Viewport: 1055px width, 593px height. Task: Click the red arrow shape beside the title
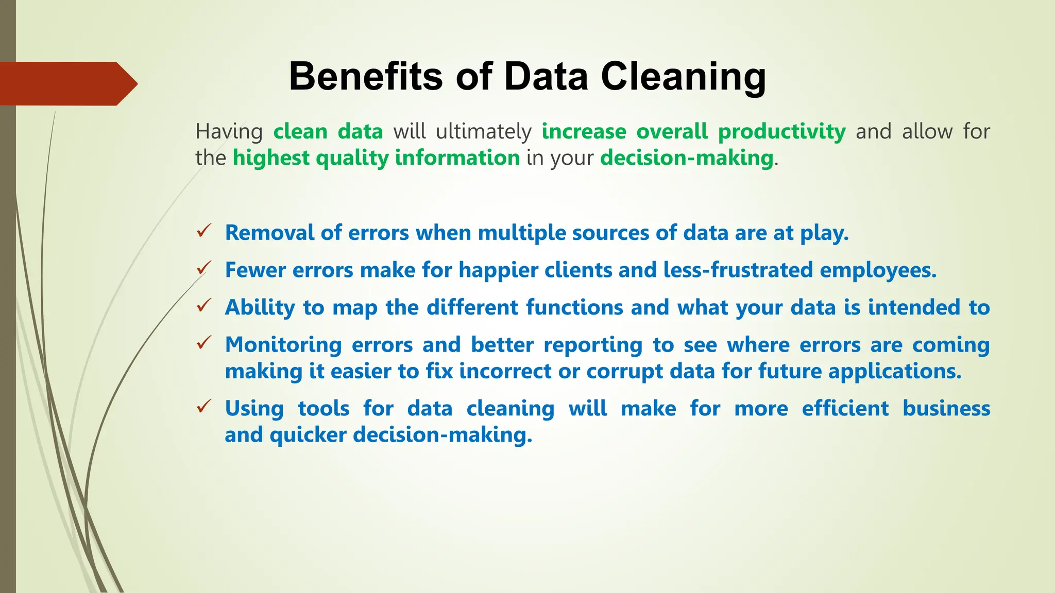tap(67, 83)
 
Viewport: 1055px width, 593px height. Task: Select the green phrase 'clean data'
tap(328, 131)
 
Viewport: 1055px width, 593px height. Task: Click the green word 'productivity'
tap(781, 131)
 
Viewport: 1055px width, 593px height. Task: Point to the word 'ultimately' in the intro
tap(483, 131)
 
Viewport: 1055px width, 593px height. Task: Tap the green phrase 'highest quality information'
tap(376, 158)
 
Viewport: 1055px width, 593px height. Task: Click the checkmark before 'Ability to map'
tap(203, 305)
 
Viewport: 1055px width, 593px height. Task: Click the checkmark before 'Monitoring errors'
tap(203, 342)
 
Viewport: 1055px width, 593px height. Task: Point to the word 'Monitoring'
tap(283, 344)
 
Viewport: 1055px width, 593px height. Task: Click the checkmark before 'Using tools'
tap(203, 406)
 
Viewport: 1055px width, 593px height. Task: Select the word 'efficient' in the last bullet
tap(845, 408)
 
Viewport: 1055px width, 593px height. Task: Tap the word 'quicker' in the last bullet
tap(308, 434)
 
